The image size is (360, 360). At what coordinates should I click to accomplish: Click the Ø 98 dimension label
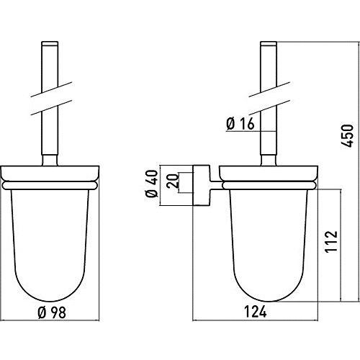pyautogui.click(x=52, y=312)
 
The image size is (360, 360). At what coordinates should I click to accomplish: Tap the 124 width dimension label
pyautogui.click(x=256, y=312)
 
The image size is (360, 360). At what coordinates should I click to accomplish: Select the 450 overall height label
pyautogui.click(x=348, y=135)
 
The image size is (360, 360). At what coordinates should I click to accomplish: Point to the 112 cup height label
pyautogui.click(x=331, y=241)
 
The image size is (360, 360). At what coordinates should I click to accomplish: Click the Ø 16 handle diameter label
pyautogui.click(x=240, y=124)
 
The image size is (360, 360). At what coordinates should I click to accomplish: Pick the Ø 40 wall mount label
pyautogui.click(x=152, y=184)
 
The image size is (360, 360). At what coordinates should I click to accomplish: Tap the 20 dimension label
pyautogui.click(x=174, y=181)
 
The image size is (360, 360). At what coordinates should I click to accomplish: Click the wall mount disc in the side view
pyautogui.click(x=201, y=185)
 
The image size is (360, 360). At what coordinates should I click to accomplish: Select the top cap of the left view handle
pyautogui.click(x=50, y=43)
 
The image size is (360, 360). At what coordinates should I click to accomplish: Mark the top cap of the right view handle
pyautogui.click(x=269, y=43)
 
